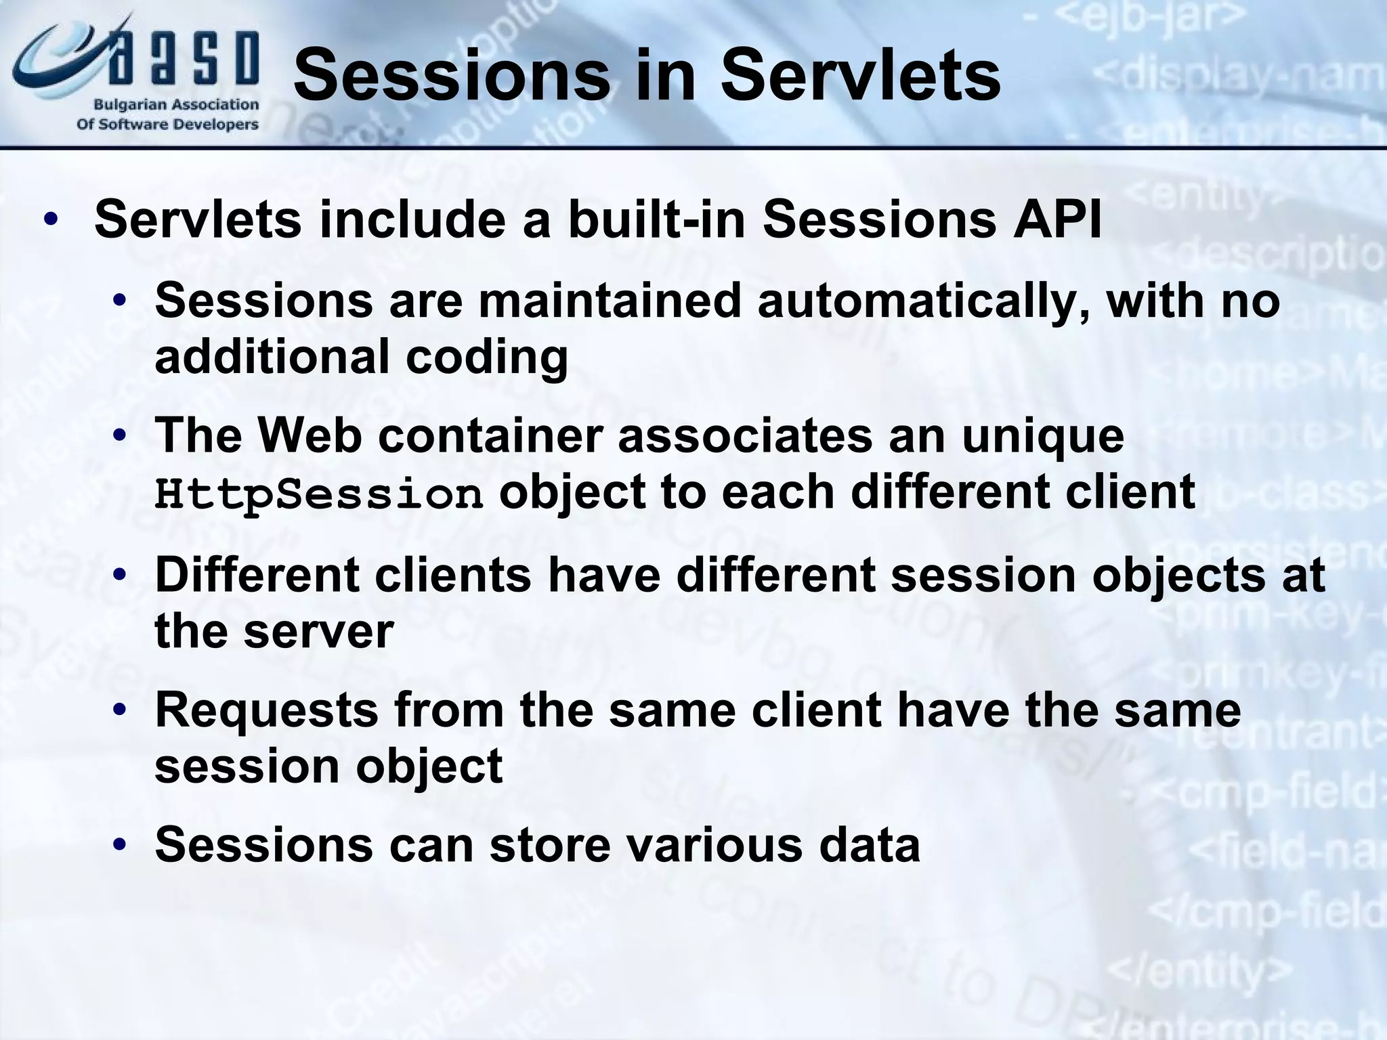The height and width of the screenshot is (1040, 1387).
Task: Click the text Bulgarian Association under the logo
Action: [x=176, y=105]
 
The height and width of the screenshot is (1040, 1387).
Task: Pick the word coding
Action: [x=486, y=357]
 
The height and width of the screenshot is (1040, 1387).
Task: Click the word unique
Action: [x=1043, y=436]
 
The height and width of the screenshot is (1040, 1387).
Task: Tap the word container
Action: [x=490, y=436]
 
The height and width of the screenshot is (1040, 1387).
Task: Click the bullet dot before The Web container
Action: [x=120, y=436]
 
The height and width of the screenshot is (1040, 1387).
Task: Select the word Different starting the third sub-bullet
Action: [x=256, y=575]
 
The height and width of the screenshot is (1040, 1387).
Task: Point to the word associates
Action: [x=745, y=436]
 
